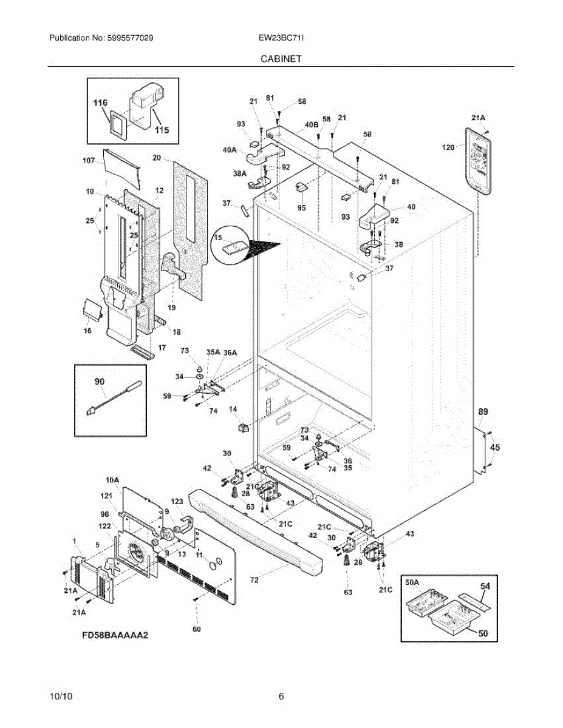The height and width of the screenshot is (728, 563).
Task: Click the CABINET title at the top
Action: (x=281, y=59)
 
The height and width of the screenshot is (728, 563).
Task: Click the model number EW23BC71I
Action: (x=281, y=38)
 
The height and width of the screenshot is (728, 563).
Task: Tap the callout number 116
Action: (x=101, y=103)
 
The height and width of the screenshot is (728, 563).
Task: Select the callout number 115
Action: (x=162, y=130)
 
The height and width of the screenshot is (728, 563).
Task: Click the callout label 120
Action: (x=448, y=147)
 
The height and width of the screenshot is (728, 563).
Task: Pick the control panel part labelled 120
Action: (x=478, y=161)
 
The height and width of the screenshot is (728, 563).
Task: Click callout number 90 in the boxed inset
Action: (x=100, y=382)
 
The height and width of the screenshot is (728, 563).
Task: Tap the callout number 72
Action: (x=254, y=580)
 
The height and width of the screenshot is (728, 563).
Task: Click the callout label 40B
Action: (x=312, y=124)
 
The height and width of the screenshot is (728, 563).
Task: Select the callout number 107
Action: (x=89, y=161)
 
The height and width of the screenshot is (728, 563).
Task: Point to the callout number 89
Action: (x=483, y=412)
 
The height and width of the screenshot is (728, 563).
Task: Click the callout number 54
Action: (x=485, y=586)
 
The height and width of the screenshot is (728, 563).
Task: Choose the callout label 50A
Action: (x=412, y=582)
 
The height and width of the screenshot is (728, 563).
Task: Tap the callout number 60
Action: (x=197, y=629)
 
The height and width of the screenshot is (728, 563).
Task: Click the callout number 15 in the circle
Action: (x=218, y=238)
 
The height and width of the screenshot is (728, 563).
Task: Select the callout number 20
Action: (x=157, y=158)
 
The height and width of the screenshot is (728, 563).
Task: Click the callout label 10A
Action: (x=112, y=480)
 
